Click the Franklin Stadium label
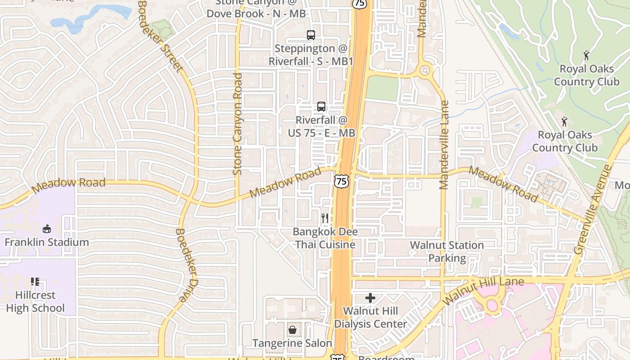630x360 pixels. pyautogui.click(x=47, y=243)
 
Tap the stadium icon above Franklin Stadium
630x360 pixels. pyautogui.click(x=47, y=229)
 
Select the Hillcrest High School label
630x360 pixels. pyautogui.click(x=35, y=301)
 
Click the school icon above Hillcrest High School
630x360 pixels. pyautogui.click(x=35, y=282)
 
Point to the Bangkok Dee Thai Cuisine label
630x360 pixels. pyautogui.click(x=325, y=238)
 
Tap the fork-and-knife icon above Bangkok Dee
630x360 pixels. pyautogui.click(x=325, y=219)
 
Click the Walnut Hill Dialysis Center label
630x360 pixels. pyautogui.click(x=370, y=317)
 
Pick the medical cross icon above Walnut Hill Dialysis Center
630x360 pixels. pyautogui.click(x=370, y=298)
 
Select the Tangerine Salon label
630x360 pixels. pyautogui.click(x=292, y=343)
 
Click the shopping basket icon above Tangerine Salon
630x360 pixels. pyautogui.click(x=292, y=330)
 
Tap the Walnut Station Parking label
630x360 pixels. pyautogui.click(x=447, y=252)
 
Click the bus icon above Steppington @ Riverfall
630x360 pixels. pyautogui.click(x=311, y=35)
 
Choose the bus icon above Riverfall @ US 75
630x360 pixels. pyautogui.click(x=321, y=107)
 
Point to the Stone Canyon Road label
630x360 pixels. pyautogui.click(x=238, y=124)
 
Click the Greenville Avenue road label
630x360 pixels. pyautogui.click(x=594, y=209)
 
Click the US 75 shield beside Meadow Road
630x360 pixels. pyautogui.click(x=341, y=181)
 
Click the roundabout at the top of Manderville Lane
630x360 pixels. pyautogui.click(x=424, y=70)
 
